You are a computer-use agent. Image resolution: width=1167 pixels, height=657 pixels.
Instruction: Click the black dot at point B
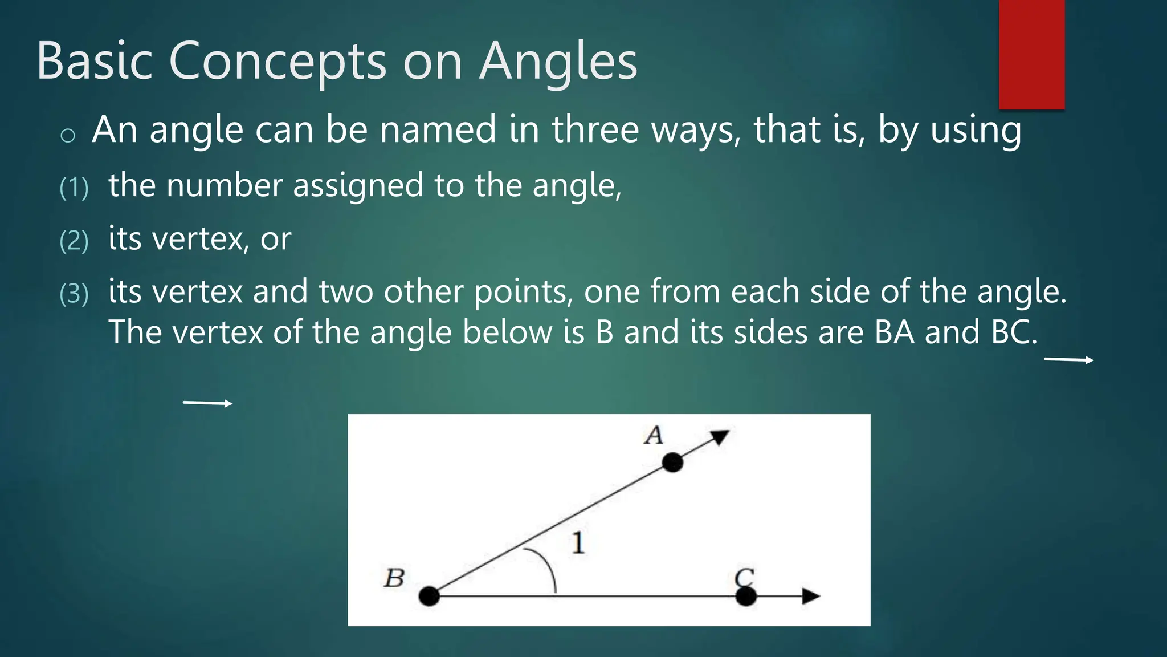[x=429, y=596]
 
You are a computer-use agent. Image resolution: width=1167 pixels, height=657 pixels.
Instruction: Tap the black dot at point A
[x=672, y=462]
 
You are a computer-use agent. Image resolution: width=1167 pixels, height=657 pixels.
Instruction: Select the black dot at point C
[x=746, y=596]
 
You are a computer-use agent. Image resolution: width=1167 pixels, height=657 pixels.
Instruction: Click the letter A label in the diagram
[x=654, y=436]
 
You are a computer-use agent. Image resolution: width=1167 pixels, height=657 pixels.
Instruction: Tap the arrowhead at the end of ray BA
[x=720, y=436]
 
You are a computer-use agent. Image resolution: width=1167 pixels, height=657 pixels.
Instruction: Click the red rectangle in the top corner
[x=1031, y=54]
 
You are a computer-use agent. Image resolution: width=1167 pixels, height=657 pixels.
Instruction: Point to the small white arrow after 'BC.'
[x=1068, y=359]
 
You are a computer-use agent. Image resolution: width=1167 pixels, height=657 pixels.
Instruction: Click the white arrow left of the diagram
[x=207, y=403]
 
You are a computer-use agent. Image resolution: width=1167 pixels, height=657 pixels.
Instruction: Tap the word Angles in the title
[x=558, y=61]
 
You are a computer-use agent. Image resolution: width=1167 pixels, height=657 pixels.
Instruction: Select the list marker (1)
[x=74, y=188]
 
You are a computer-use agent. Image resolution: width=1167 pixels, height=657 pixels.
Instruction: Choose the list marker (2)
[x=74, y=241]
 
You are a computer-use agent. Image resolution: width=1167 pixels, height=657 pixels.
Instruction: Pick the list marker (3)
[x=74, y=294]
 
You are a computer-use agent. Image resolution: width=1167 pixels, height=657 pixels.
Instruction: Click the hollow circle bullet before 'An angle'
[x=68, y=135]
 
